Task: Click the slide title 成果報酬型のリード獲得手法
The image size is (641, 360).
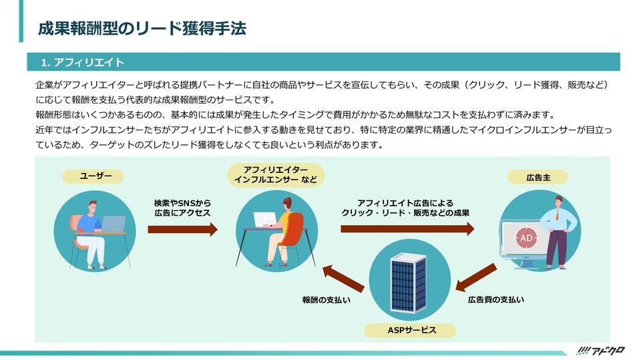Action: click(x=142, y=28)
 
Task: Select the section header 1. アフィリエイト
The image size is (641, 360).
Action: click(x=82, y=63)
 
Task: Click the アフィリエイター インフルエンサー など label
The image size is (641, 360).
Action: click(x=275, y=176)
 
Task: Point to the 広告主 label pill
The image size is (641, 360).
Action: click(x=538, y=177)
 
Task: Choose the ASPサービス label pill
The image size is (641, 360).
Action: click(x=411, y=331)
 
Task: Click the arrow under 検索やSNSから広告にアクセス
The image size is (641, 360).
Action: click(x=182, y=229)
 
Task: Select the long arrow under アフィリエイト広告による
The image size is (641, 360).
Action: click(x=407, y=229)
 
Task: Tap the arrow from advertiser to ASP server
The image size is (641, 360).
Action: click(x=476, y=277)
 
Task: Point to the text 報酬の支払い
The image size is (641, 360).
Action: click(x=327, y=301)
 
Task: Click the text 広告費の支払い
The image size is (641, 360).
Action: click(x=495, y=300)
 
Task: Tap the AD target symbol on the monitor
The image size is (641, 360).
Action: click(x=525, y=237)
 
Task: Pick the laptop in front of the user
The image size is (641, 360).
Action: click(x=112, y=223)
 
